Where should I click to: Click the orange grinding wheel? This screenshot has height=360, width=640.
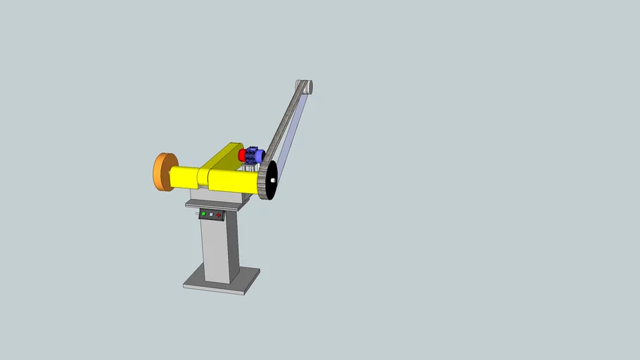pyautogui.click(x=162, y=172)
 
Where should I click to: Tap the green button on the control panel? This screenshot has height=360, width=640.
pyautogui.click(x=204, y=214)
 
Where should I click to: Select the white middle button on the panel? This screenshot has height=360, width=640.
pyautogui.click(x=211, y=214)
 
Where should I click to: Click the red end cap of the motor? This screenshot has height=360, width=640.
pyautogui.click(x=242, y=154)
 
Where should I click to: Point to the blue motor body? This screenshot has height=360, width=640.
pyautogui.click(x=254, y=155)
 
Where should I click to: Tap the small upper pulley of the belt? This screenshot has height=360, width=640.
pyautogui.click(x=307, y=86)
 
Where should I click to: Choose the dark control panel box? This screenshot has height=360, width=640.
pyautogui.click(x=212, y=214)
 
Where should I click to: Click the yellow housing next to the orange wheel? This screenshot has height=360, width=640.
pyautogui.click(x=185, y=176)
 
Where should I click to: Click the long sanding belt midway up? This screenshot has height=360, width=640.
pyautogui.click(x=288, y=123)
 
